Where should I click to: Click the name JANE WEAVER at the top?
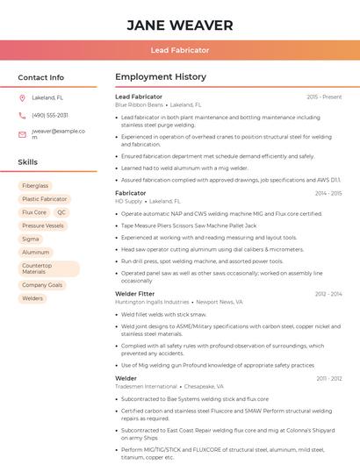point(179,25)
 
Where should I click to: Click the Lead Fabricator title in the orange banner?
point(179,51)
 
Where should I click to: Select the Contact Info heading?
point(40,77)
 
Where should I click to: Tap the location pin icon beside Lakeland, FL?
point(22,97)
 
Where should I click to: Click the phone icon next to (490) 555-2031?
point(22,115)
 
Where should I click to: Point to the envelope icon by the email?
point(22,134)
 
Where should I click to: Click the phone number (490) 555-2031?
point(50,115)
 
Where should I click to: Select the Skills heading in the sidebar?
point(28,162)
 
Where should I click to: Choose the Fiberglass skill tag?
point(36,186)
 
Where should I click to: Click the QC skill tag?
point(61,212)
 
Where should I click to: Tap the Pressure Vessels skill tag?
point(43,225)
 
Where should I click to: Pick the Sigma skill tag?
point(31,239)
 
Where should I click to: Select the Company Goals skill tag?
point(42,285)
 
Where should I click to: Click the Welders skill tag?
point(32,298)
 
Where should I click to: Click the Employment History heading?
point(160,77)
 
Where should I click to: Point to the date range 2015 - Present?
point(324,97)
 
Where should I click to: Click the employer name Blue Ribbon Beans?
point(139,104)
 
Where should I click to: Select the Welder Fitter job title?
point(135,293)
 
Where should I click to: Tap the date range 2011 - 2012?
point(328,378)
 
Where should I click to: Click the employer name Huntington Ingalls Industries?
point(152,302)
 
